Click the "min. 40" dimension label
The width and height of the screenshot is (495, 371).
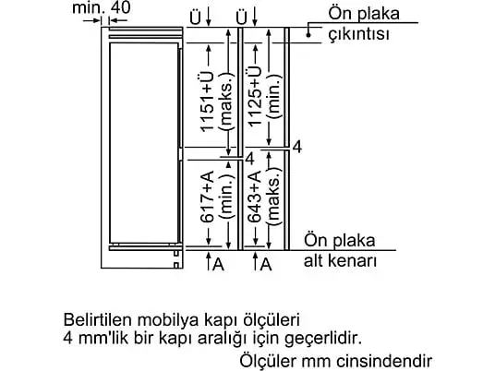(101, 7)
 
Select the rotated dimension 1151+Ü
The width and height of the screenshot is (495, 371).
(207, 102)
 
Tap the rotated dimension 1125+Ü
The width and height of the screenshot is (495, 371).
(255, 96)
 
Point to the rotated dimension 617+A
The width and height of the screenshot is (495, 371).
(207, 197)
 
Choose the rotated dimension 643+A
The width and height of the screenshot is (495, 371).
(255, 197)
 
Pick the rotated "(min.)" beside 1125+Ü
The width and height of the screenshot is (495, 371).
(274, 96)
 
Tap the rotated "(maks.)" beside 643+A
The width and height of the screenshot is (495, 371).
(274, 196)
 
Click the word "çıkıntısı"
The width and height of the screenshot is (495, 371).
(359, 34)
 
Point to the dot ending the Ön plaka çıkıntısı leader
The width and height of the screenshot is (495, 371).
(308, 35)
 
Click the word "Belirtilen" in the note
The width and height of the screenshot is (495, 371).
(98, 320)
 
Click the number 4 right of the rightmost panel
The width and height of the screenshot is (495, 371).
(297, 147)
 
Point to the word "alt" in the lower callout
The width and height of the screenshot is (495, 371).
(313, 261)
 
